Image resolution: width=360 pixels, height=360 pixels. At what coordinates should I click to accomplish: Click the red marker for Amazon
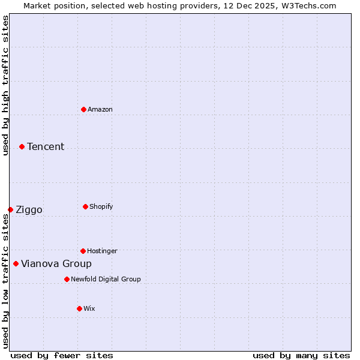(x=83, y=109)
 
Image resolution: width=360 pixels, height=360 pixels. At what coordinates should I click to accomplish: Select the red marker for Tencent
(x=22, y=146)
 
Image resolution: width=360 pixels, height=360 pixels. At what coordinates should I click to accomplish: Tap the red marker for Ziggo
(x=10, y=209)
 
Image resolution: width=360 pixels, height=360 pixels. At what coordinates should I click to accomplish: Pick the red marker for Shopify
(x=85, y=206)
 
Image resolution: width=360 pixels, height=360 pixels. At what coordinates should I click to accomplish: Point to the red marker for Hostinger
(x=83, y=251)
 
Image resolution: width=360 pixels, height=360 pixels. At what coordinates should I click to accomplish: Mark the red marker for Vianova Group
(x=16, y=263)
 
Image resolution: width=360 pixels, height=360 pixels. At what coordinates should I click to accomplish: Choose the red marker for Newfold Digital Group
(x=67, y=279)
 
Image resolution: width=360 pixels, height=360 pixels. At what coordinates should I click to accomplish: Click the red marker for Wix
(x=79, y=308)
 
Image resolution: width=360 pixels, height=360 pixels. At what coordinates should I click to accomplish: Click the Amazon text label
(x=100, y=109)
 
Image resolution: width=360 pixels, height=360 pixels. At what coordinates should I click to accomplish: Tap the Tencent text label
(x=46, y=146)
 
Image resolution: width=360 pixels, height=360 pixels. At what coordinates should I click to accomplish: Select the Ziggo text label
(x=29, y=209)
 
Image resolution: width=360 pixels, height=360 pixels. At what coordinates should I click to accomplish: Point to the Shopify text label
(x=101, y=206)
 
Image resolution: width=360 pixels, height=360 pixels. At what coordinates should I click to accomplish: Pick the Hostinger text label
(x=102, y=251)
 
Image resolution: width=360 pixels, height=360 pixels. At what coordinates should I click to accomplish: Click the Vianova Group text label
(x=56, y=263)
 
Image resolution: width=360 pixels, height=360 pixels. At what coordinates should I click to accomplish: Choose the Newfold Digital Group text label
(x=106, y=279)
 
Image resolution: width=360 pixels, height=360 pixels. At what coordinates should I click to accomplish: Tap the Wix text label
(x=89, y=308)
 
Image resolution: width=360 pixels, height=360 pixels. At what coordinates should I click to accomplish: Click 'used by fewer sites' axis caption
(x=62, y=355)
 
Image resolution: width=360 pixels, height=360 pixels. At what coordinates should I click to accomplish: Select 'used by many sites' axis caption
(x=301, y=355)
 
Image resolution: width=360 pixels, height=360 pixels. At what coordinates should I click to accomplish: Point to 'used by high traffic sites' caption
(x=5, y=85)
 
